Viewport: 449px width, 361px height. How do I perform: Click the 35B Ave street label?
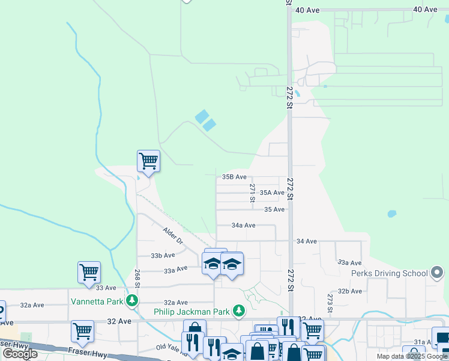(x=234, y=177)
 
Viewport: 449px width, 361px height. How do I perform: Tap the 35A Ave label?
(x=272, y=193)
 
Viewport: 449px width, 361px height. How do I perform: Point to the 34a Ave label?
(x=244, y=225)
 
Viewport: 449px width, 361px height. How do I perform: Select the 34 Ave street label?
(x=306, y=241)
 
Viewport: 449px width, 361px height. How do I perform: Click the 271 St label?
(x=253, y=193)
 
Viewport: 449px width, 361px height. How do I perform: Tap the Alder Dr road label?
(x=173, y=235)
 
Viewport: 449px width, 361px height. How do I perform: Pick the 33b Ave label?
(x=163, y=255)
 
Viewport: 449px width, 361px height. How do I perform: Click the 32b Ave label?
(x=349, y=291)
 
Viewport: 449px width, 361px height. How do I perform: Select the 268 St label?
(x=137, y=279)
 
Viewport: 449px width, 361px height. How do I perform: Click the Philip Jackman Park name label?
(x=192, y=311)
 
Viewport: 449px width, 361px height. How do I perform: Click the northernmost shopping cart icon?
(x=148, y=161)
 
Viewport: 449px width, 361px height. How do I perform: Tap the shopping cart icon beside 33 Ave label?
(x=89, y=272)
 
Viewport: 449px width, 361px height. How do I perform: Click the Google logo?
(x=20, y=354)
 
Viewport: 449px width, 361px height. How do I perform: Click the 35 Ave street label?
(x=274, y=209)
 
